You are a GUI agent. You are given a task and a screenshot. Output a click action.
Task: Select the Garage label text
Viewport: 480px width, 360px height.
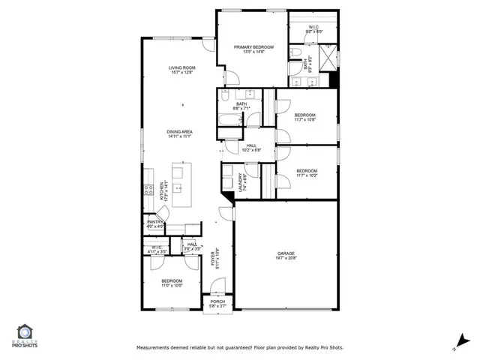[x=286, y=254]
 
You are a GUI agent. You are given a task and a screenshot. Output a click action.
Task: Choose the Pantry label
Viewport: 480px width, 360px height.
[x=155, y=223]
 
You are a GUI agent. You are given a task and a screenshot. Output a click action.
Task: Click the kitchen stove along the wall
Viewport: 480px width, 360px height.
[x=148, y=191]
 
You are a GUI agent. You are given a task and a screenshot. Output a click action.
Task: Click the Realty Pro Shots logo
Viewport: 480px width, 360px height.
[x=24, y=336]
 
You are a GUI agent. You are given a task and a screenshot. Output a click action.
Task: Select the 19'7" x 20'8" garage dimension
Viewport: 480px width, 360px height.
[x=286, y=259]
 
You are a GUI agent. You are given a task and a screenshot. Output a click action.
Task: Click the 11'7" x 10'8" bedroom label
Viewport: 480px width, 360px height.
[x=305, y=117]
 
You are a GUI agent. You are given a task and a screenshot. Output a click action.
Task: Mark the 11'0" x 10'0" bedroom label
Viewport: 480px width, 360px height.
[x=172, y=283]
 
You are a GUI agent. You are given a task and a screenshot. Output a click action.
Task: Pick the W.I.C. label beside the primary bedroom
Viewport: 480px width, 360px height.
[x=314, y=28]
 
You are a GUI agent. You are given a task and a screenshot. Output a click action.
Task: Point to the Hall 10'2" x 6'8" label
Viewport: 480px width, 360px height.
[x=250, y=148]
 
